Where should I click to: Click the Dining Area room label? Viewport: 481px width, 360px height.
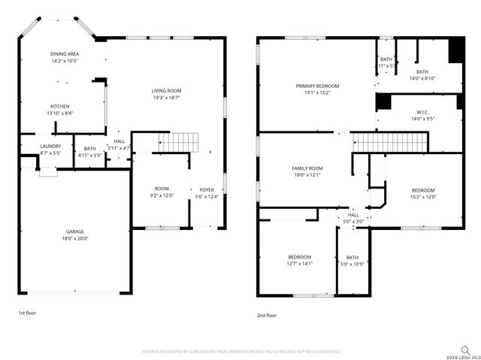click(x=65, y=54)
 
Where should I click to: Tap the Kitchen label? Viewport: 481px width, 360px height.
click(x=61, y=106)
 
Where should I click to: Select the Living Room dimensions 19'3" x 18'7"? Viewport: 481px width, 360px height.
click(x=167, y=98)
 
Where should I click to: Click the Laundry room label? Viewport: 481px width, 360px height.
click(x=50, y=147)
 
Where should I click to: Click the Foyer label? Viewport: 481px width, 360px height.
click(x=207, y=189)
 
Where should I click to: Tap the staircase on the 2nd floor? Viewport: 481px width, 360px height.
click(x=390, y=141)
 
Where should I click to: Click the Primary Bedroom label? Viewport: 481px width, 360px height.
click(x=316, y=86)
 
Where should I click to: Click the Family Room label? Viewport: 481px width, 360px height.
click(x=307, y=168)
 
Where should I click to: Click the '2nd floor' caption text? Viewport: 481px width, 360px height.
click(x=267, y=316)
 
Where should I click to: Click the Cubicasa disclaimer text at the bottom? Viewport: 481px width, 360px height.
click(x=241, y=351)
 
